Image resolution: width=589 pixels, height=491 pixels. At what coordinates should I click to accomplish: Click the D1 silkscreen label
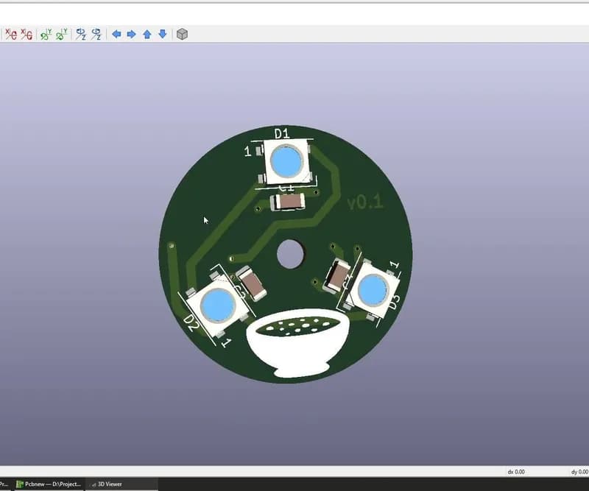click(x=282, y=133)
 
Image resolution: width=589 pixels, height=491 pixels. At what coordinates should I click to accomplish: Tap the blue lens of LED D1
click(x=286, y=160)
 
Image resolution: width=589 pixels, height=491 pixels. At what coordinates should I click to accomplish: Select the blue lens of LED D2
click(x=216, y=305)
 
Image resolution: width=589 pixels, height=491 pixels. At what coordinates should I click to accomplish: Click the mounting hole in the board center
click(x=291, y=255)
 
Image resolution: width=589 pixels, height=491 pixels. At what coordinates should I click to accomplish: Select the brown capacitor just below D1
click(x=288, y=201)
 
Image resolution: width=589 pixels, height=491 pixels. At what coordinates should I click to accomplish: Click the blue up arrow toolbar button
click(x=147, y=34)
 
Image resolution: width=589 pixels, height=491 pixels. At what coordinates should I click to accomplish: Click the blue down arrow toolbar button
click(x=162, y=34)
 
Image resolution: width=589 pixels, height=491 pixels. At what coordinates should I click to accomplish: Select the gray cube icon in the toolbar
click(x=182, y=34)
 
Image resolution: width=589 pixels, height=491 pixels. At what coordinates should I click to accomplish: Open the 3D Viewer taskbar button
click(x=107, y=484)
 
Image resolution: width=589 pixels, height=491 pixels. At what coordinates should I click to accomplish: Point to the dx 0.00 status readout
click(x=516, y=471)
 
